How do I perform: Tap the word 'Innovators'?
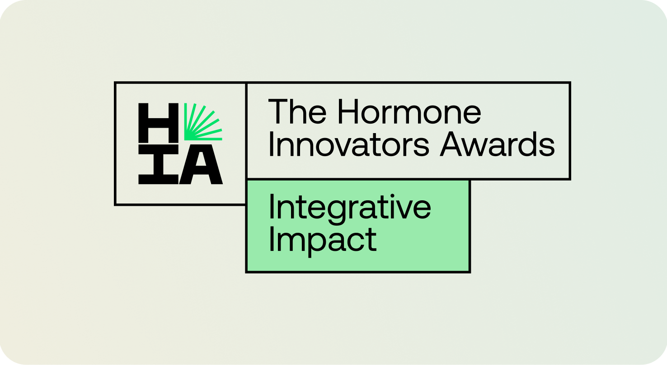[x=349, y=144]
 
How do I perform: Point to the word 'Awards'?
[x=497, y=144]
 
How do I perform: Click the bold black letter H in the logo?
[x=159, y=123]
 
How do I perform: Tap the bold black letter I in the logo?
[x=159, y=164]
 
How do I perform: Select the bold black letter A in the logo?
[x=201, y=164]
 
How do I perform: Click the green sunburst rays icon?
[x=203, y=122]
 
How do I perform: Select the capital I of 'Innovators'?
[x=271, y=144]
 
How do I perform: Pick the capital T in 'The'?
[x=278, y=111]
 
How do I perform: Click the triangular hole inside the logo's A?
[x=201, y=160]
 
